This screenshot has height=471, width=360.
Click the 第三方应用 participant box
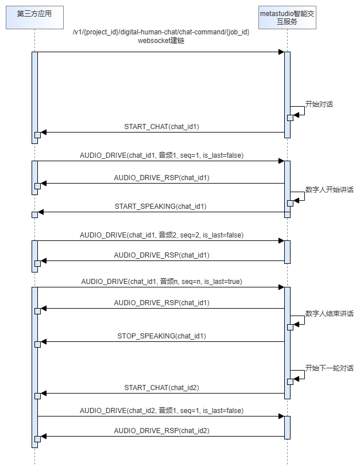[x=34, y=15]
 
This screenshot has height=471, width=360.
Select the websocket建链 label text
[x=161, y=42]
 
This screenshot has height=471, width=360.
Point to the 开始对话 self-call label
[x=319, y=104]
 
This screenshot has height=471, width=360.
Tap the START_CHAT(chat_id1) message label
[x=161, y=126]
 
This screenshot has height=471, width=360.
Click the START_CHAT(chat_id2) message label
[x=161, y=388]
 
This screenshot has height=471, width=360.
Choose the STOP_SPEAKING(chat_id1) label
[x=161, y=336]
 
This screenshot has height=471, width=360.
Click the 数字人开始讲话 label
[x=329, y=189]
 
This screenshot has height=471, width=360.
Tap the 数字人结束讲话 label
[x=329, y=314]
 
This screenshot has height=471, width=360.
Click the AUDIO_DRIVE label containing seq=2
[x=161, y=235]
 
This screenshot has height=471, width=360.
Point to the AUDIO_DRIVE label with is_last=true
[x=161, y=282]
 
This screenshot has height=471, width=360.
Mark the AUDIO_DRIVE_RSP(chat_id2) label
[x=161, y=430]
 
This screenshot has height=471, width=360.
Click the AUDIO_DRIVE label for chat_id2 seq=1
[x=161, y=411]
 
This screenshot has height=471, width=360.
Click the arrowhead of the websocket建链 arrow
[x=281, y=52]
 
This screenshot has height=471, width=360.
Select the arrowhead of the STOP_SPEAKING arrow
[x=43, y=342]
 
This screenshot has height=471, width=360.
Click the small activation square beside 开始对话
[x=290, y=118]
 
